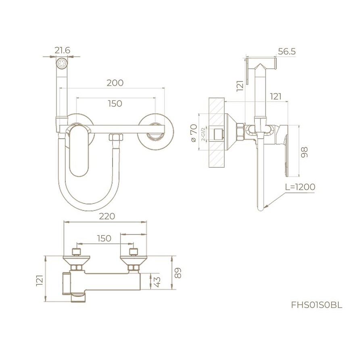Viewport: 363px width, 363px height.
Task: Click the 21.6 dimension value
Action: coord(62,50)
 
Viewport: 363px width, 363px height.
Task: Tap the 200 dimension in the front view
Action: coord(115,83)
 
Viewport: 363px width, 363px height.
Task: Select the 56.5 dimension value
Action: coord(287,52)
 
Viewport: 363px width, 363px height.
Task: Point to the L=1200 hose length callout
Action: coord(299,187)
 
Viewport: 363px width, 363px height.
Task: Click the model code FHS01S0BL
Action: coord(317,305)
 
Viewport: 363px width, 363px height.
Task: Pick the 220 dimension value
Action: coord(107,217)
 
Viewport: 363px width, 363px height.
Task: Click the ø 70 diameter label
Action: coord(194,133)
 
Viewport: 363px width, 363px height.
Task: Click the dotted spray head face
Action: coord(62,64)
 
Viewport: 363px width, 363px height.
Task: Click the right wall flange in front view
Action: coord(155,131)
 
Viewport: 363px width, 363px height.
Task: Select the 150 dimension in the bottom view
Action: coord(104,238)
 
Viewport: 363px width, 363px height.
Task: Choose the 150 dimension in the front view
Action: coord(115,104)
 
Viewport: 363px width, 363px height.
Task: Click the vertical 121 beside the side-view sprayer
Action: coord(240,86)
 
